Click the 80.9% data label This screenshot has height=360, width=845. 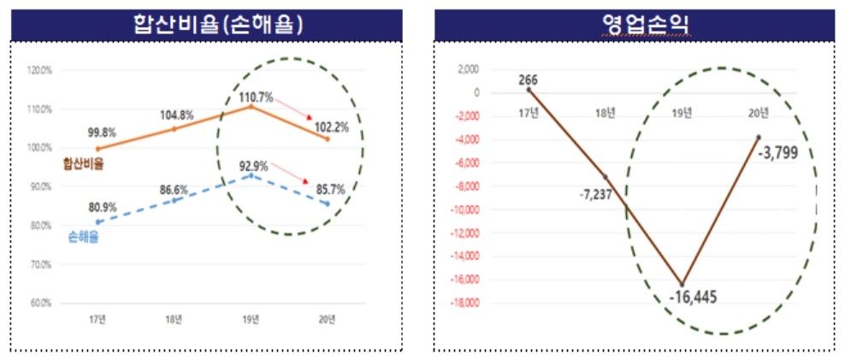point(102,206)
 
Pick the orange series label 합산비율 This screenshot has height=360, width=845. point(83,164)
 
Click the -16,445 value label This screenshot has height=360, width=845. point(693,298)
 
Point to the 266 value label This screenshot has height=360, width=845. point(529,80)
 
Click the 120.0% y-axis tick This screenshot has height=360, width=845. point(40,70)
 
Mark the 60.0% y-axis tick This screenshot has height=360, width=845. point(40,303)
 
